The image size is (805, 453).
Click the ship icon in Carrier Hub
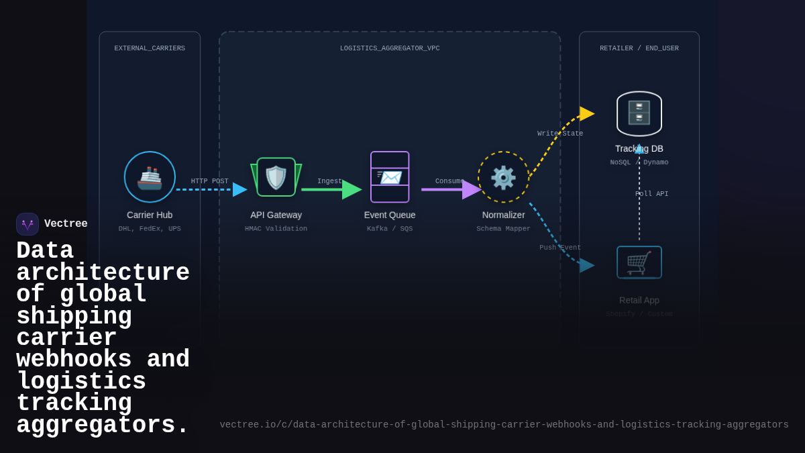coord(150,178)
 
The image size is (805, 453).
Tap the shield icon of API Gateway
coord(276,178)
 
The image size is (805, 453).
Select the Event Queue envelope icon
coord(390,177)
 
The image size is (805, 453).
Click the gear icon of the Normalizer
coord(503,178)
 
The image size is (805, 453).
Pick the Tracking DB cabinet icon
coord(639,113)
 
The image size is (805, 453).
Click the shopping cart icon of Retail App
coord(639,262)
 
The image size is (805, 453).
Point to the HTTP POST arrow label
coord(209,181)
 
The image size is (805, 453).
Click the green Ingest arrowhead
coord(351,190)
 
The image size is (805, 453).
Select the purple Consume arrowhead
coord(471,190)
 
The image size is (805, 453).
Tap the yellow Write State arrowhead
coord(586,113)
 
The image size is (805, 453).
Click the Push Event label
coord(560,248)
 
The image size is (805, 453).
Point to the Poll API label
coord(651,194)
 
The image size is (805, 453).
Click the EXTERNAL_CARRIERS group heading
coord(150,48)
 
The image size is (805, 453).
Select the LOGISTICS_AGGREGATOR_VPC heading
coord(390,48)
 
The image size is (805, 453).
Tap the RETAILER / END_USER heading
coord(639,48)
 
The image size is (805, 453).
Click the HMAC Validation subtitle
coord(276,229)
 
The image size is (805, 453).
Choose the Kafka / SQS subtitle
coord(390,229)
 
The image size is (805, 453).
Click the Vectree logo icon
coord(28,224)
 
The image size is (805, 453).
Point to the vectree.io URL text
coord(504,425)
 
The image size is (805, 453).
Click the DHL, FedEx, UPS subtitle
coord(150,229)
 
